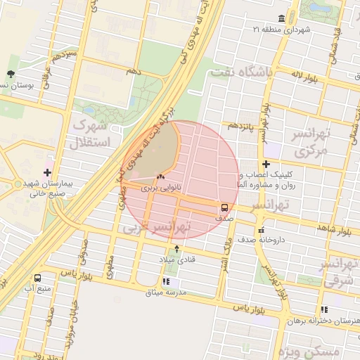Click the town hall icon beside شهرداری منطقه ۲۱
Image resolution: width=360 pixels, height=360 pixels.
pos(282,18)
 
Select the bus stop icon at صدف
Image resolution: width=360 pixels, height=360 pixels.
pos(224,207)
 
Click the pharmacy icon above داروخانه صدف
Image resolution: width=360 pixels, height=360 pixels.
pos(261,230)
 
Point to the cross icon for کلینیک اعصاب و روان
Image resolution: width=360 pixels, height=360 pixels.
pos(266,164)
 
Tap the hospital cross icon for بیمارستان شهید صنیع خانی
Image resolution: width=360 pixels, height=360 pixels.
pos(47,172)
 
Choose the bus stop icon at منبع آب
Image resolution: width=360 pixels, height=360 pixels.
pos(37,278)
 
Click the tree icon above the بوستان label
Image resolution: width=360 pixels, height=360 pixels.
pos(10,74)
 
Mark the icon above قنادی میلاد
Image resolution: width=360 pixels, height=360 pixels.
pos(176,250)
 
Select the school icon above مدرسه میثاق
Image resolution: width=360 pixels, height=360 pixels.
pos(166,282)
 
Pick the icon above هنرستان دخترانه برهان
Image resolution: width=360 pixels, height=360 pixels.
pos(324,309)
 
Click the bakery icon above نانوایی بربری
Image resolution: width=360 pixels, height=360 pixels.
pos(161,177)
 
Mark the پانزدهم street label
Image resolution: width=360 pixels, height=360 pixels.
pos(243,125)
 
